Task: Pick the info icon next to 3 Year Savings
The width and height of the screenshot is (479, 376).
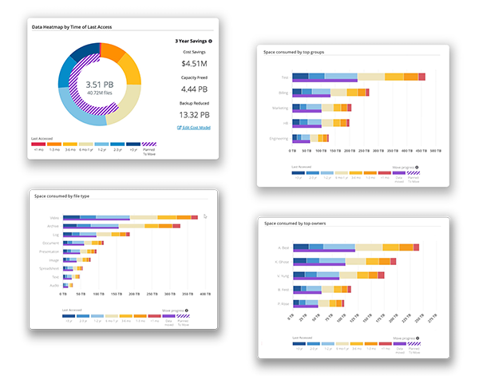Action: (x=211, y=39)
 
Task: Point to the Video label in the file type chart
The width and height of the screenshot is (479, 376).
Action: (x=54, y=217)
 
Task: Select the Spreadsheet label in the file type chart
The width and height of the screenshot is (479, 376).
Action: (x=49, y=268)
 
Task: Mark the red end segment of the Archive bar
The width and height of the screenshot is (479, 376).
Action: (x=126, y=226)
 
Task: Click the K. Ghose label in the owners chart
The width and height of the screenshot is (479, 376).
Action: (x=281, y=261)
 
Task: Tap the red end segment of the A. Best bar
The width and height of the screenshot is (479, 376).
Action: (x=417, y=247)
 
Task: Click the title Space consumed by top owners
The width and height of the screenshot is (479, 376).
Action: (x=299, y=224)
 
